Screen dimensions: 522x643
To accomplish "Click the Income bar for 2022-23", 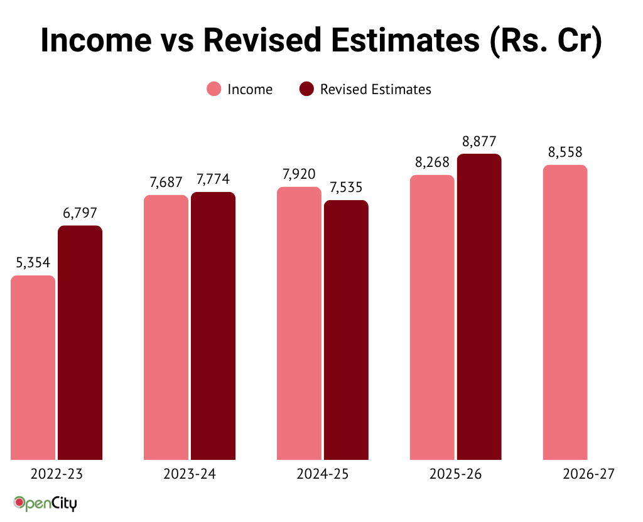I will click(33, 367).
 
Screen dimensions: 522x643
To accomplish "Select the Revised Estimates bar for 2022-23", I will click(80, 342).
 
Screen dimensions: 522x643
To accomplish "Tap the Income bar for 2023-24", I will click(166, 327).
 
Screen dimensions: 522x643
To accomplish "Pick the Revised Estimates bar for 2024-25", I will click(346, 329).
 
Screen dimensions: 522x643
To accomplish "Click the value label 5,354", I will click(33, 263).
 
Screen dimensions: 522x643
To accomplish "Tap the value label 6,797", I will click(80, 213).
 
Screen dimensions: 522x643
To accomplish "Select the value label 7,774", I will click(213, 179).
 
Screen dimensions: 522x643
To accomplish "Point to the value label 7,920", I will click(299, 174).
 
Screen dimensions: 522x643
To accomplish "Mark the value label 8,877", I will click(479, 141).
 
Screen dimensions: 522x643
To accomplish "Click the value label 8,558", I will click(565, 152).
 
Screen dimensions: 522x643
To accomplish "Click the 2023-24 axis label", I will click(190, 474).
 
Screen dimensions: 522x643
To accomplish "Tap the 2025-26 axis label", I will click(456, 474).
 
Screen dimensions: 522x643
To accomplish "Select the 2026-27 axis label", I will click(589, 474).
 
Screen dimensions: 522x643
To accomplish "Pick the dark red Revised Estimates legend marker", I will click(307, 89).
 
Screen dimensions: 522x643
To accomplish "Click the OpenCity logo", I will click(45, 503).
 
